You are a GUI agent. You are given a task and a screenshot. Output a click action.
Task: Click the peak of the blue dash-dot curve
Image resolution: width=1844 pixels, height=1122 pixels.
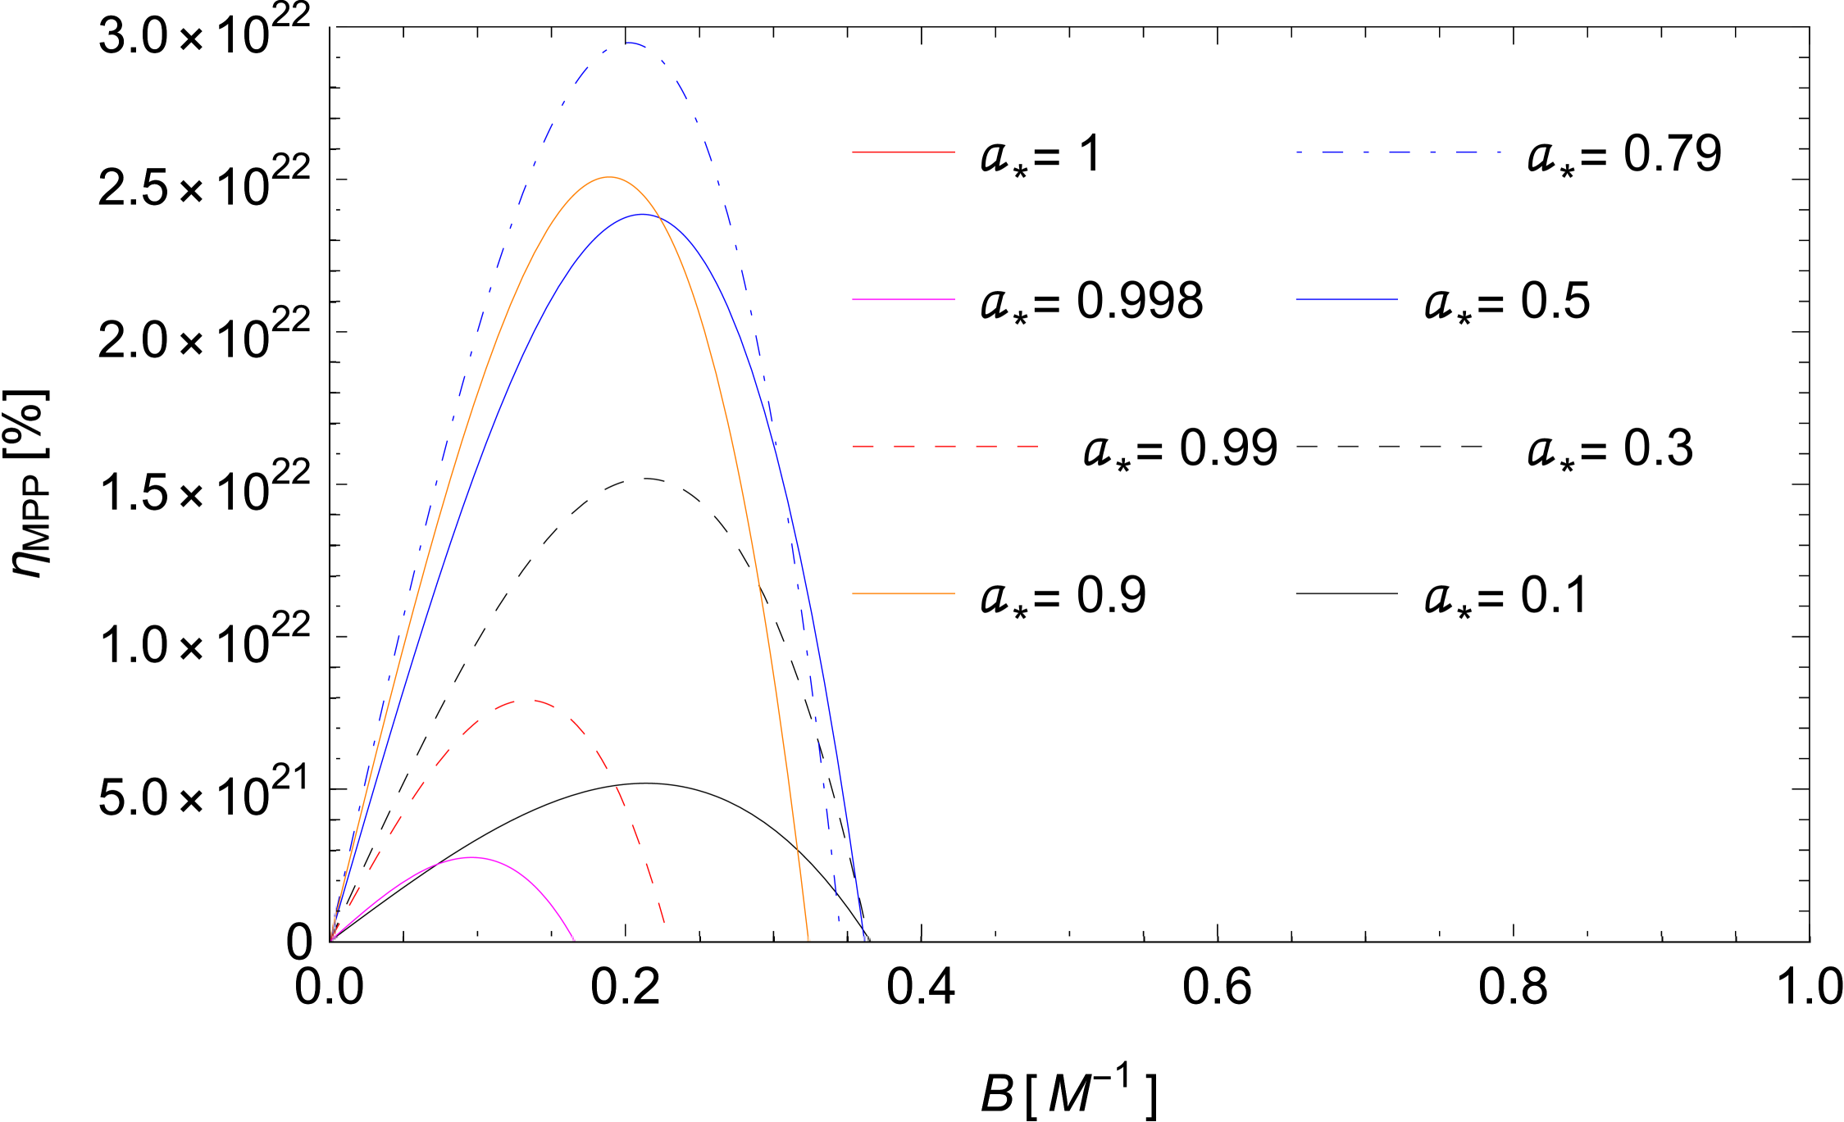pyautogui.click(x=628, y=43)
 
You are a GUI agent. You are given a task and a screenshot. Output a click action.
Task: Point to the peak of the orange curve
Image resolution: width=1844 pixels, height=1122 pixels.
pyautogui.click(x=608, y=177)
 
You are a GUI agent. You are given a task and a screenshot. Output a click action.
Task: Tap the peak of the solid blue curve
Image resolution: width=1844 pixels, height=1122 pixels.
pyautogui.click(x=644, y=215)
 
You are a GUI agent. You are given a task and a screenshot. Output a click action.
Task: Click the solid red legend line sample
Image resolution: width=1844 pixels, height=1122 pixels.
pyautogui.click(x=904, y=152)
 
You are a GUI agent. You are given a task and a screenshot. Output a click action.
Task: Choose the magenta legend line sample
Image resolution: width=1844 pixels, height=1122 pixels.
pyautogui.click(x=904, y=300)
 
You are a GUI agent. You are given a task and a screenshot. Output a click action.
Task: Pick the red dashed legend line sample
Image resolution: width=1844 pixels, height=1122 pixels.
pyautogui.click(x=945, y=447)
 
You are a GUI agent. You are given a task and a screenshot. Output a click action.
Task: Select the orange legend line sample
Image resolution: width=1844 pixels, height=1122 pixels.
pyautogui.click(x=904, y=593)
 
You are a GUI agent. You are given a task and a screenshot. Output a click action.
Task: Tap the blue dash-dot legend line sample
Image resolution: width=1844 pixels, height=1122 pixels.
pyautogui.click(x=1398, y=152)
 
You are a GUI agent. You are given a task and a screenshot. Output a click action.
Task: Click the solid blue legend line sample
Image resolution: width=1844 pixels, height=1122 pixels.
pyautogui.click(x=1346, y=300)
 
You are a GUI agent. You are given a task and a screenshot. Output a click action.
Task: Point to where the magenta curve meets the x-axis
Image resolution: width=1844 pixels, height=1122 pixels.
pyautogui.click(x=573, y=938)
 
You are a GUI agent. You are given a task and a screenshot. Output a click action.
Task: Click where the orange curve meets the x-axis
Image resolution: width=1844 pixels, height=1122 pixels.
pyautogui.click(x=808, y=938)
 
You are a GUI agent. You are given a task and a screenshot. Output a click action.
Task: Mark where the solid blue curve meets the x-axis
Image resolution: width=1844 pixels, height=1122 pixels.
pyautogui.click(x=865, y=938)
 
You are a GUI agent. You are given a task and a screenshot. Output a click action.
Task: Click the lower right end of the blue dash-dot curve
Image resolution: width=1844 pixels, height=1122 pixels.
pyautogui.click(x=839, y=924)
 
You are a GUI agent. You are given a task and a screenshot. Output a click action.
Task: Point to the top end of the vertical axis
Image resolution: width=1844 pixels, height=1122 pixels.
pyautogui.click(x=332, y=24)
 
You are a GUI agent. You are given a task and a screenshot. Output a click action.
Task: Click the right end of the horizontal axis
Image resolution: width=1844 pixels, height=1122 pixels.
pyautogui.click(x=1812, y=939)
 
